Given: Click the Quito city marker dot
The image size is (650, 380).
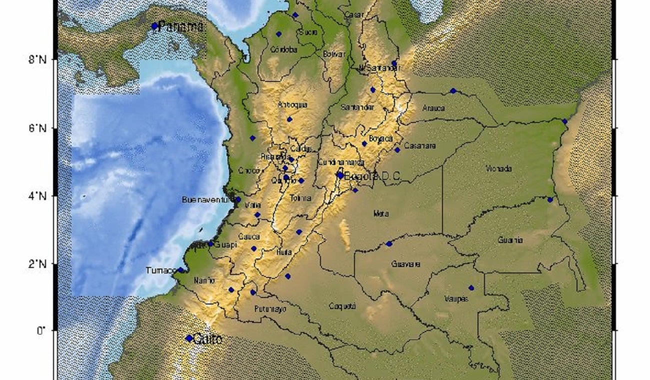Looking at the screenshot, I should pos(189,338).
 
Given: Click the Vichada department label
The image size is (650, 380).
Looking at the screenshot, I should pos(498,168).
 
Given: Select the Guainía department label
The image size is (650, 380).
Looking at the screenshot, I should pos(510,240).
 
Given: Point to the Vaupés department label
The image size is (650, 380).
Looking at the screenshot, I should pos(456,299).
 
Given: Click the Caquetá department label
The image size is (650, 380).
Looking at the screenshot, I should pos(343,306).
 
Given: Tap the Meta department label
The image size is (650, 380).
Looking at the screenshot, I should pos(380,214).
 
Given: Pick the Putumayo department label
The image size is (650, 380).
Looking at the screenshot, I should pos(270,309).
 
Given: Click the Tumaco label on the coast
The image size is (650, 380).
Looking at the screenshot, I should pos(160,270).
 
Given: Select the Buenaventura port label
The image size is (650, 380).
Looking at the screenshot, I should pos(207,200).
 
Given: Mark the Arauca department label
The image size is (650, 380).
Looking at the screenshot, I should pos(433,107).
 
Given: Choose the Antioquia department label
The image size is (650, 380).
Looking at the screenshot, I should pos(292,104).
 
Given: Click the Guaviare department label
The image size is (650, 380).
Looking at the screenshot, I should pos(405,264).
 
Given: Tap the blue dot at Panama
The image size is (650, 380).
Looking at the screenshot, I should pos(154,26).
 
